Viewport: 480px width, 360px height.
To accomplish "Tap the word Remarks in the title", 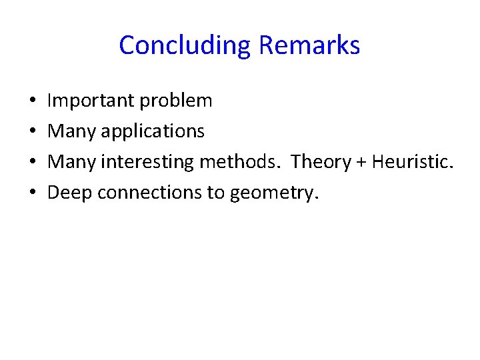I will pos(309,46).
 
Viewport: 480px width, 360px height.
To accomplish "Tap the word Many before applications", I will pos(72,131).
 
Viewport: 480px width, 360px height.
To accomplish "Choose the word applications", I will pos(153,132).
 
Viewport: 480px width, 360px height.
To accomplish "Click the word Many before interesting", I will pos(72,162).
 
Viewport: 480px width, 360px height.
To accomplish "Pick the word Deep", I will pos(71,193).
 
